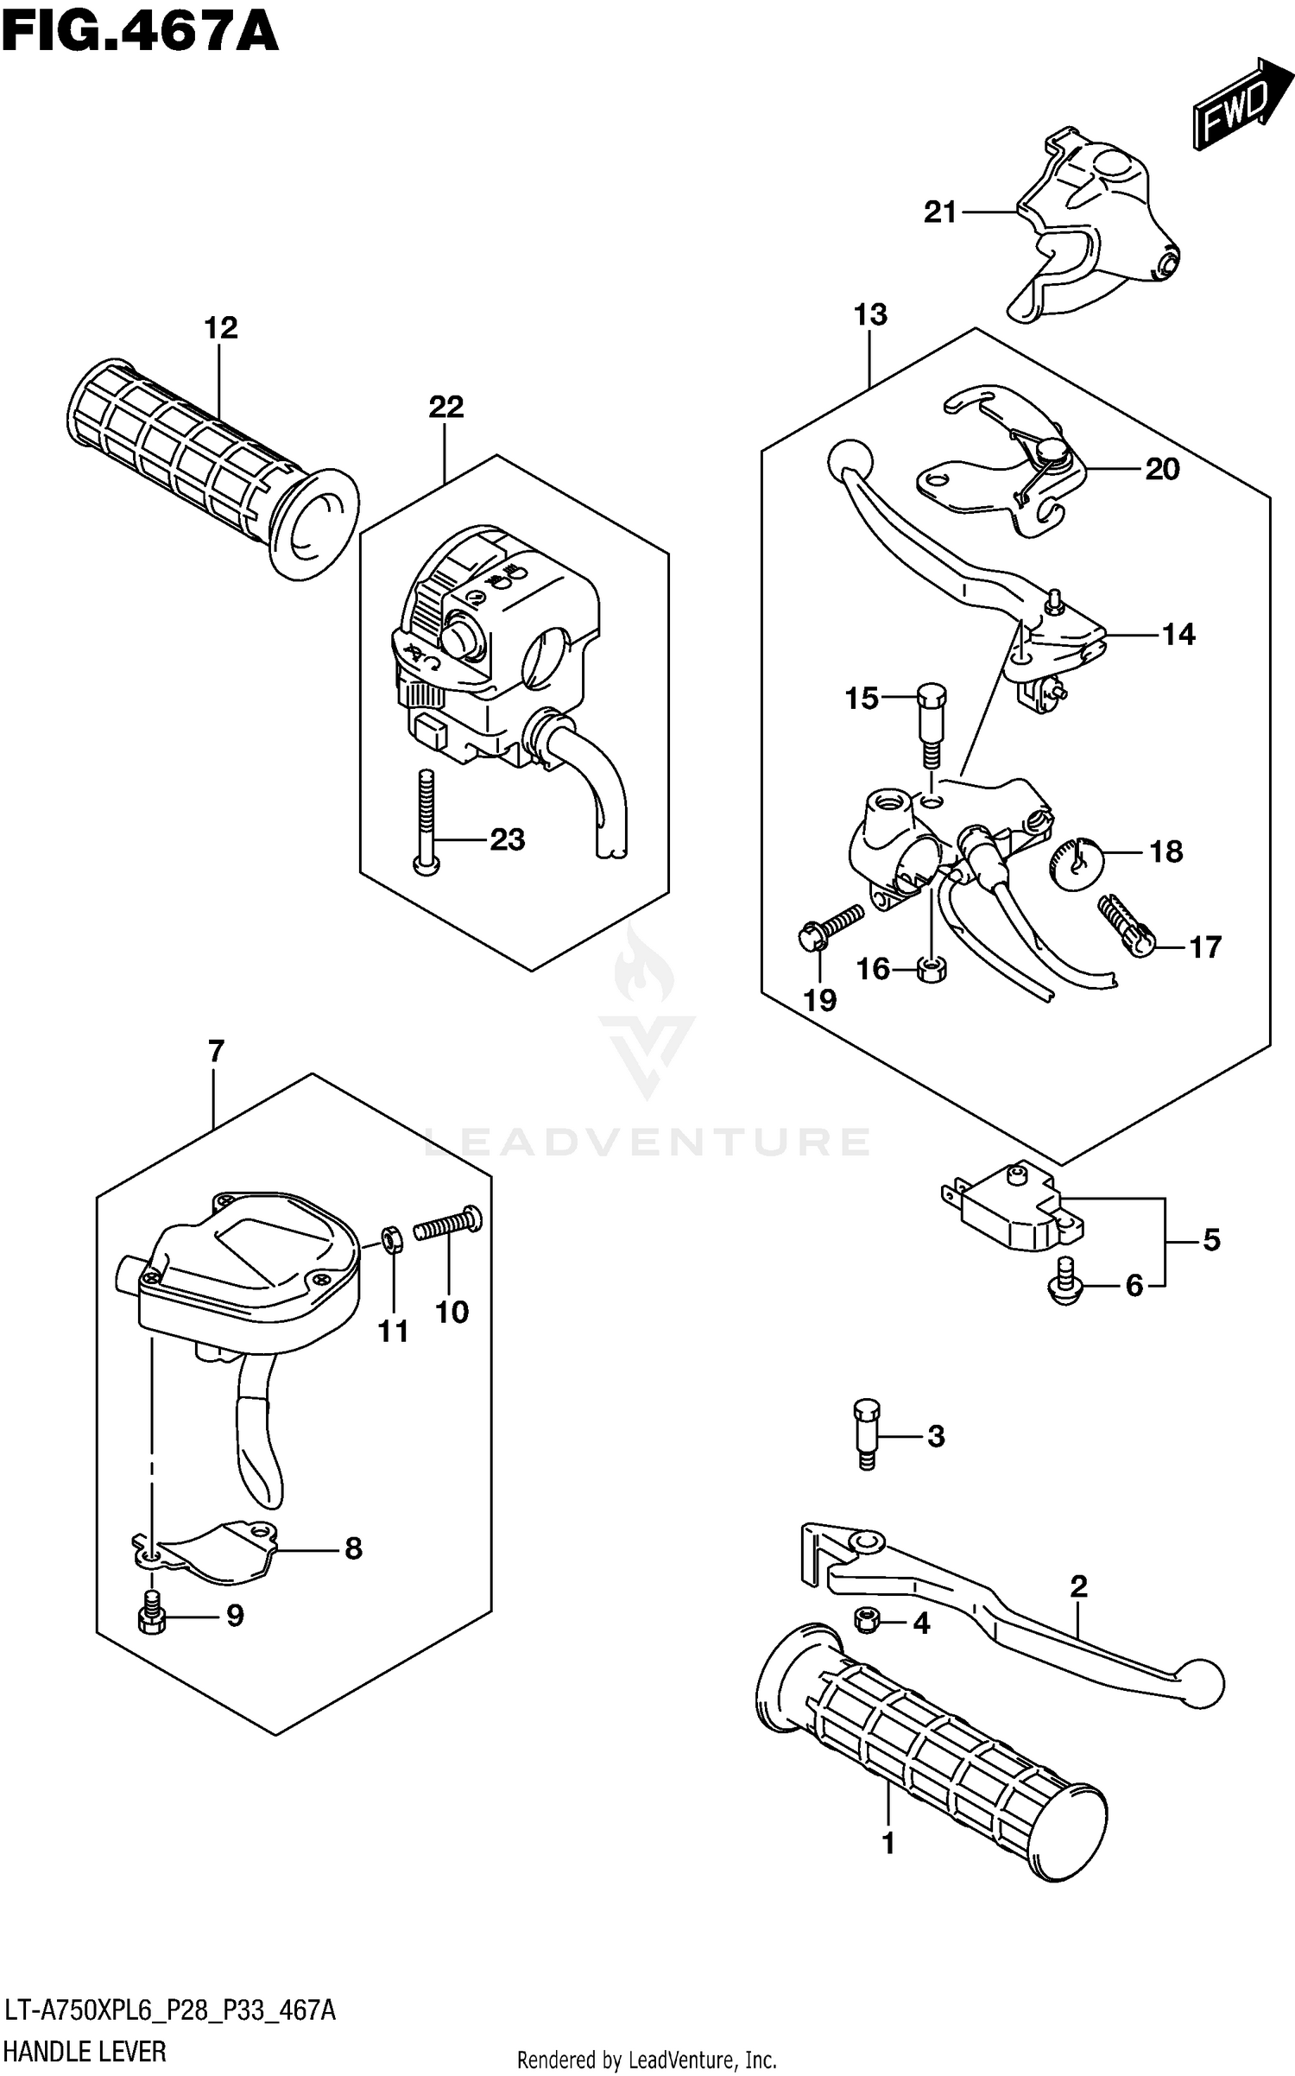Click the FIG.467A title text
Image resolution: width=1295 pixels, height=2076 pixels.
tap(140, 33)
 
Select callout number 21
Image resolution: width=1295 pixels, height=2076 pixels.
tap(940, 212)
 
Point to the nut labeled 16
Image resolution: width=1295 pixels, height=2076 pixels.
tap(931, 969)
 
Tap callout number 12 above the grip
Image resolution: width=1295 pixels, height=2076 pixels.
tap(220, 329)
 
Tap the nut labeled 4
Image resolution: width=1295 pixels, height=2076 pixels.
tap(866, 1622)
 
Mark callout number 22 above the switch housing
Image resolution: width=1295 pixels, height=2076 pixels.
tap(445, 407)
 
